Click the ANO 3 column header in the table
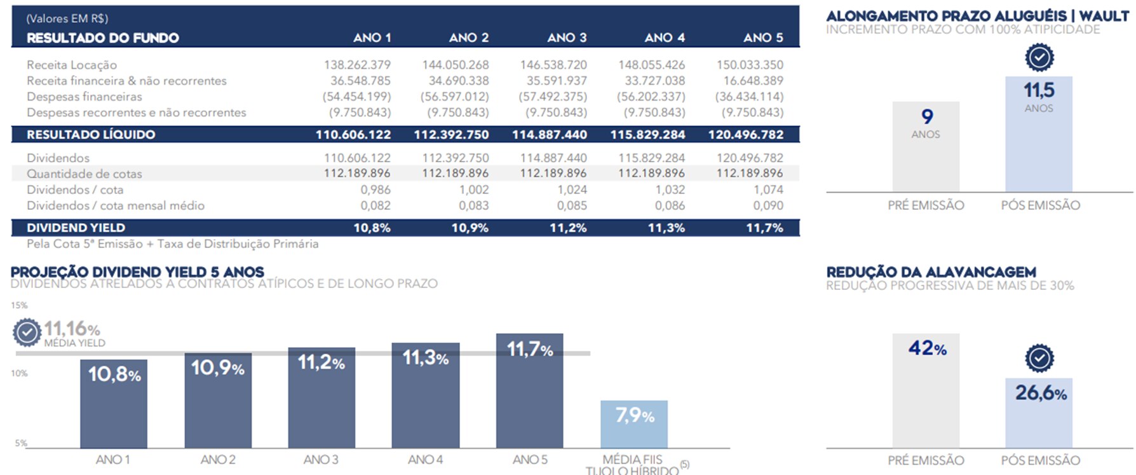point(567,38)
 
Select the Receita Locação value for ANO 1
point(357,65)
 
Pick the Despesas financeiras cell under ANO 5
point(749,97)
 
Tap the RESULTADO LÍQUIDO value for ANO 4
point(647,135)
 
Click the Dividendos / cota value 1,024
point(572,189)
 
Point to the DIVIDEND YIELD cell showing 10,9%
point(470,228)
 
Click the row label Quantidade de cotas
point(85,174)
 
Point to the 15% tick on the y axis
point(19,305)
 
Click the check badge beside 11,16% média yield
point(27,332)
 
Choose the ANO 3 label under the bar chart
point(321,460)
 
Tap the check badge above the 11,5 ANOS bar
point(1039,58)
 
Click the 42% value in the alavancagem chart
point(927,348)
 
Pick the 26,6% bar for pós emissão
point(1039,413)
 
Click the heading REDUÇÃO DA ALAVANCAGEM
point(931,272)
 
